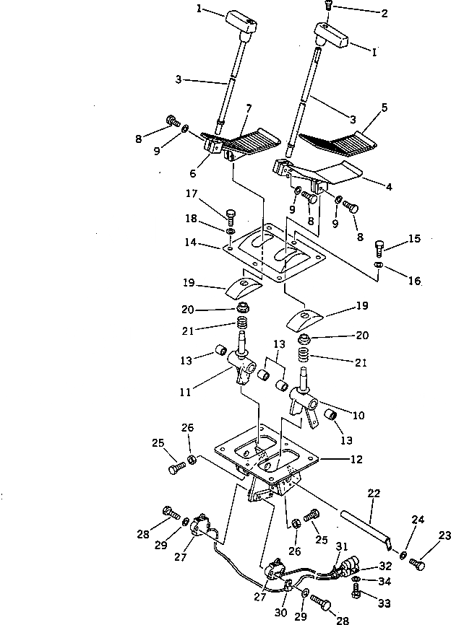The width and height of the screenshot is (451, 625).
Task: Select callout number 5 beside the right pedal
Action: pos(384,108)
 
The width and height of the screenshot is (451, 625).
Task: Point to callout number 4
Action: pos(390,187)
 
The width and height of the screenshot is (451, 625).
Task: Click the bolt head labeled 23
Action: pos(417,564)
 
